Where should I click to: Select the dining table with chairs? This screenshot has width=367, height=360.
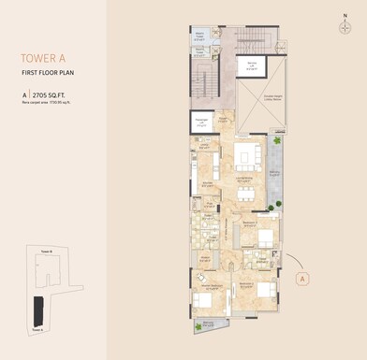coord(246,194)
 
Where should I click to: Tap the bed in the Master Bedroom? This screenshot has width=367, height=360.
coord(204,301)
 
